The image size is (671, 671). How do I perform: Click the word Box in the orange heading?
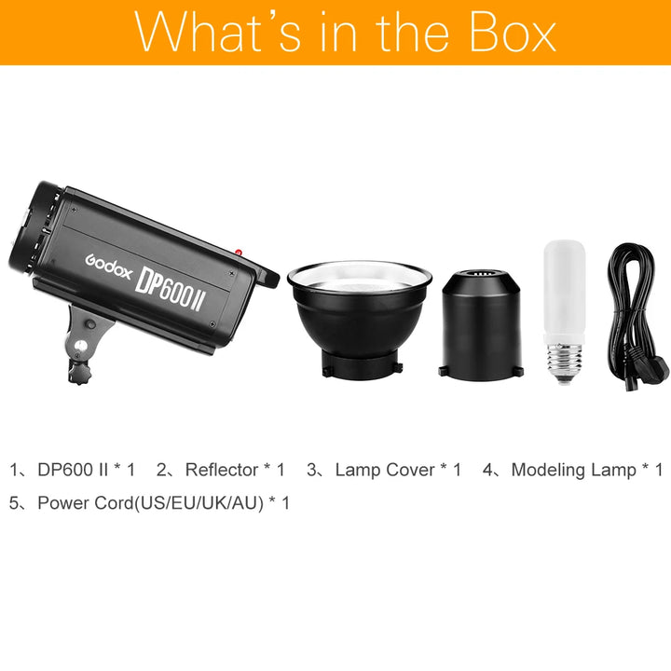coord(513,32)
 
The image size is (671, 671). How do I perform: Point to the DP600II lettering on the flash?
coord(169,290)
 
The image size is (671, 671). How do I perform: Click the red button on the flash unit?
coord(239,253)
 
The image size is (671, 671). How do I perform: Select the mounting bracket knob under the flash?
coord(78,372)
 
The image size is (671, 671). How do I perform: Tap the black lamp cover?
coord(481,325)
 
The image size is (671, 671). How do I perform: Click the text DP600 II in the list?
coord(73,470)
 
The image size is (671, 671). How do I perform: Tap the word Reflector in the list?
coord(221,470)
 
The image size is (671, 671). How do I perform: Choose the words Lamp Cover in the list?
coord(385,470)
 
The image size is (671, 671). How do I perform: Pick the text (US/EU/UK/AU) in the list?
coord(199,503)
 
